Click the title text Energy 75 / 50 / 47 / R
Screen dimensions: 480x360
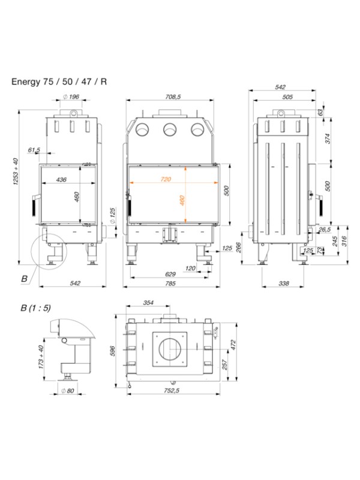(x=59, y=81)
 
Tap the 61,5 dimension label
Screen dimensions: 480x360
(x=34, y=149)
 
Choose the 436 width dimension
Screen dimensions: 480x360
(x=61, y=179)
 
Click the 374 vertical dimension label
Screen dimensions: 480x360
(x=328, y=139)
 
